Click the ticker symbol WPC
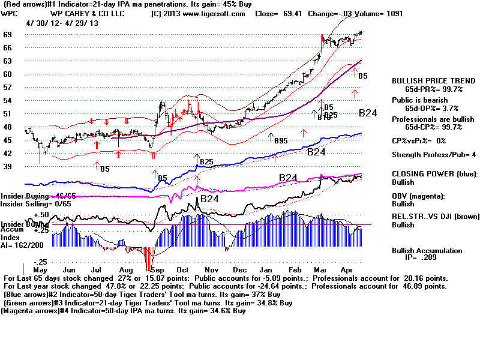click(x=10, y=13)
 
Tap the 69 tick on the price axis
click(x=8, y=35)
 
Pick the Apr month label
click(x=350, y=270)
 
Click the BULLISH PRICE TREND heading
click(x=427, y=80)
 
